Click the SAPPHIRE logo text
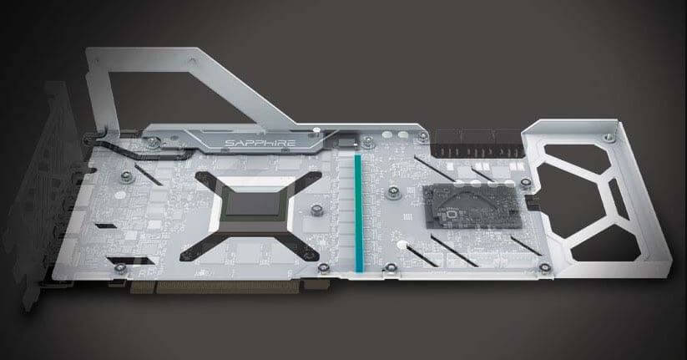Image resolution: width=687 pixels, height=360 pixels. [260, 143]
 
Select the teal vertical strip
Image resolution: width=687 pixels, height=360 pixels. [359, 213]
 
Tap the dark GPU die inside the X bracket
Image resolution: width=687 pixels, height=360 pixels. [252, 204]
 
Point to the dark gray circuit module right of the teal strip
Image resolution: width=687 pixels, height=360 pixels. [473, 206]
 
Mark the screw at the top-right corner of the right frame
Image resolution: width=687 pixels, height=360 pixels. [609, 139]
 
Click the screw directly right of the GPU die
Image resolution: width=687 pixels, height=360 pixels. [316, 210]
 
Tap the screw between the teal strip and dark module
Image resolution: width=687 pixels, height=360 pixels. [393, 192]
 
